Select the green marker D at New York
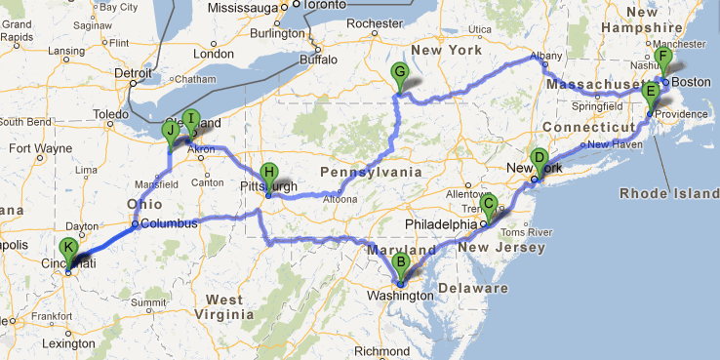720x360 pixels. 539,158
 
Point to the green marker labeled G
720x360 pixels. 398,71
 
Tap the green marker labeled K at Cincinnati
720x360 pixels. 67,248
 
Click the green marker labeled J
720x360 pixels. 171,130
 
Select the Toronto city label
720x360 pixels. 303,4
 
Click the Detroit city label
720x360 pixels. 134,71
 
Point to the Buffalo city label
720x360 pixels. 317,60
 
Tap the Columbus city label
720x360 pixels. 168,223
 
